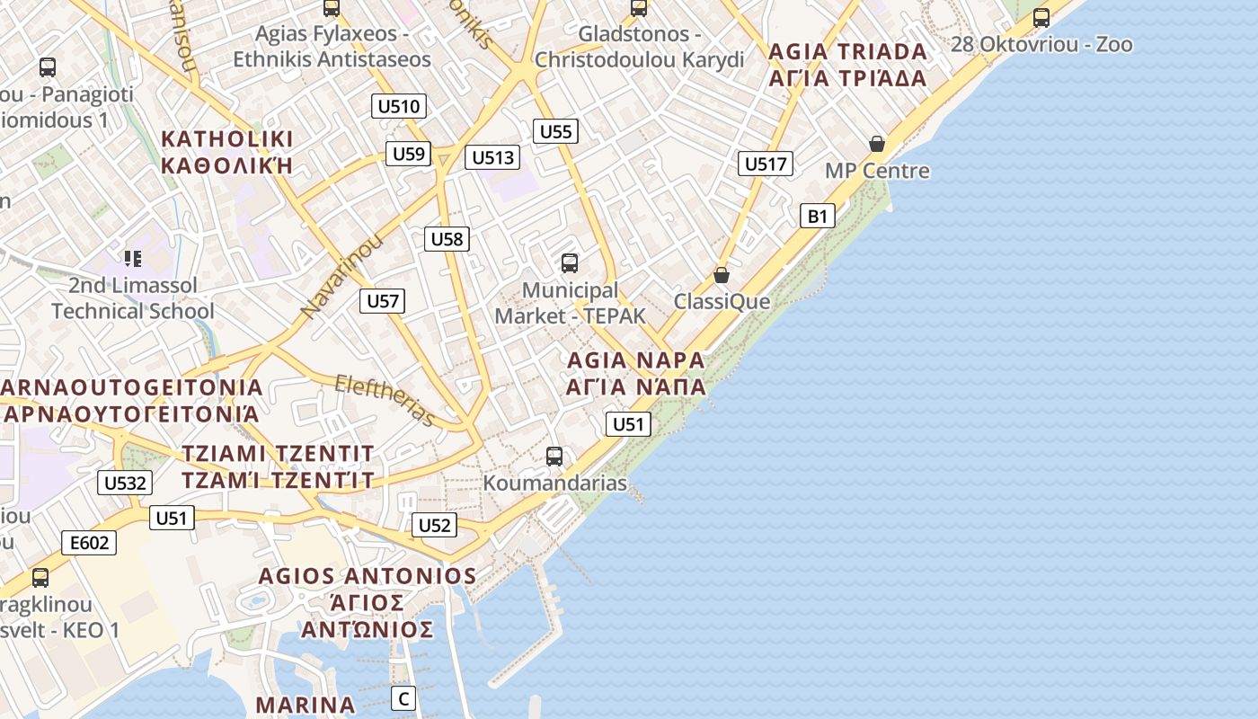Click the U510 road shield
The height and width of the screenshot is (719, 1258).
398,106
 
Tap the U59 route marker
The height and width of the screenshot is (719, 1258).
409,154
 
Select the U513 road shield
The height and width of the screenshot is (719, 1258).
493,158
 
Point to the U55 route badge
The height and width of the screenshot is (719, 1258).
555,131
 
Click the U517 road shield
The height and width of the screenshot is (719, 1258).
766,164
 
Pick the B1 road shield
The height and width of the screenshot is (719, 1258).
817,216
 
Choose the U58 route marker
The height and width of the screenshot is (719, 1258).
447,238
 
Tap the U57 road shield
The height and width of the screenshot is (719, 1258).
383,300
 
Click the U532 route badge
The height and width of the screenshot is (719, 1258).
124,483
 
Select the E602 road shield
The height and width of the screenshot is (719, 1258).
89,542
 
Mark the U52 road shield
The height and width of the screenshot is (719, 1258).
435,525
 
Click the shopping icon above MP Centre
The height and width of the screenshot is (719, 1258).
877,144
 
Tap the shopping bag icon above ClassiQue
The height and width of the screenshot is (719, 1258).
721,275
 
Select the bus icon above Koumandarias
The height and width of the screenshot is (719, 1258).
554,456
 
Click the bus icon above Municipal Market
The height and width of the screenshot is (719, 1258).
569,262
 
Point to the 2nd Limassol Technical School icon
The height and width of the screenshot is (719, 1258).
133,260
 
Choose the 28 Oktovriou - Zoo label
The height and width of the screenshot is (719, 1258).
1041,44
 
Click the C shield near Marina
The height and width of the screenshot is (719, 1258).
403,697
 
